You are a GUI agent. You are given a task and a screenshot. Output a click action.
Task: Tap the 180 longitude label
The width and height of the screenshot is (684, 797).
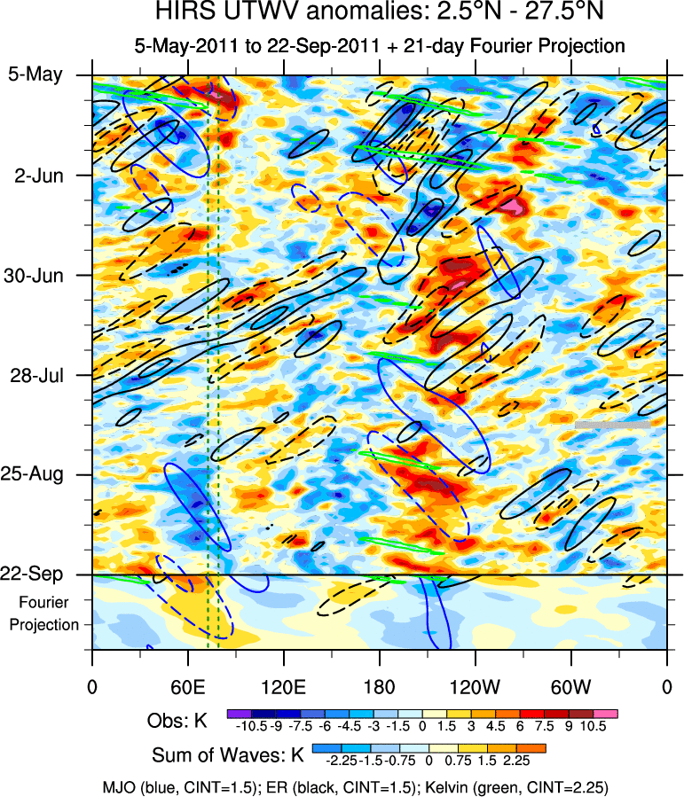(379, 687)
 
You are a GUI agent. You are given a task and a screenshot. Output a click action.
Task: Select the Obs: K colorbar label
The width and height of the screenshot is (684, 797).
(177, 722)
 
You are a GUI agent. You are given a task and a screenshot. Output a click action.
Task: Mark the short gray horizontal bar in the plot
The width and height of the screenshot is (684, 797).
(612, 425)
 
